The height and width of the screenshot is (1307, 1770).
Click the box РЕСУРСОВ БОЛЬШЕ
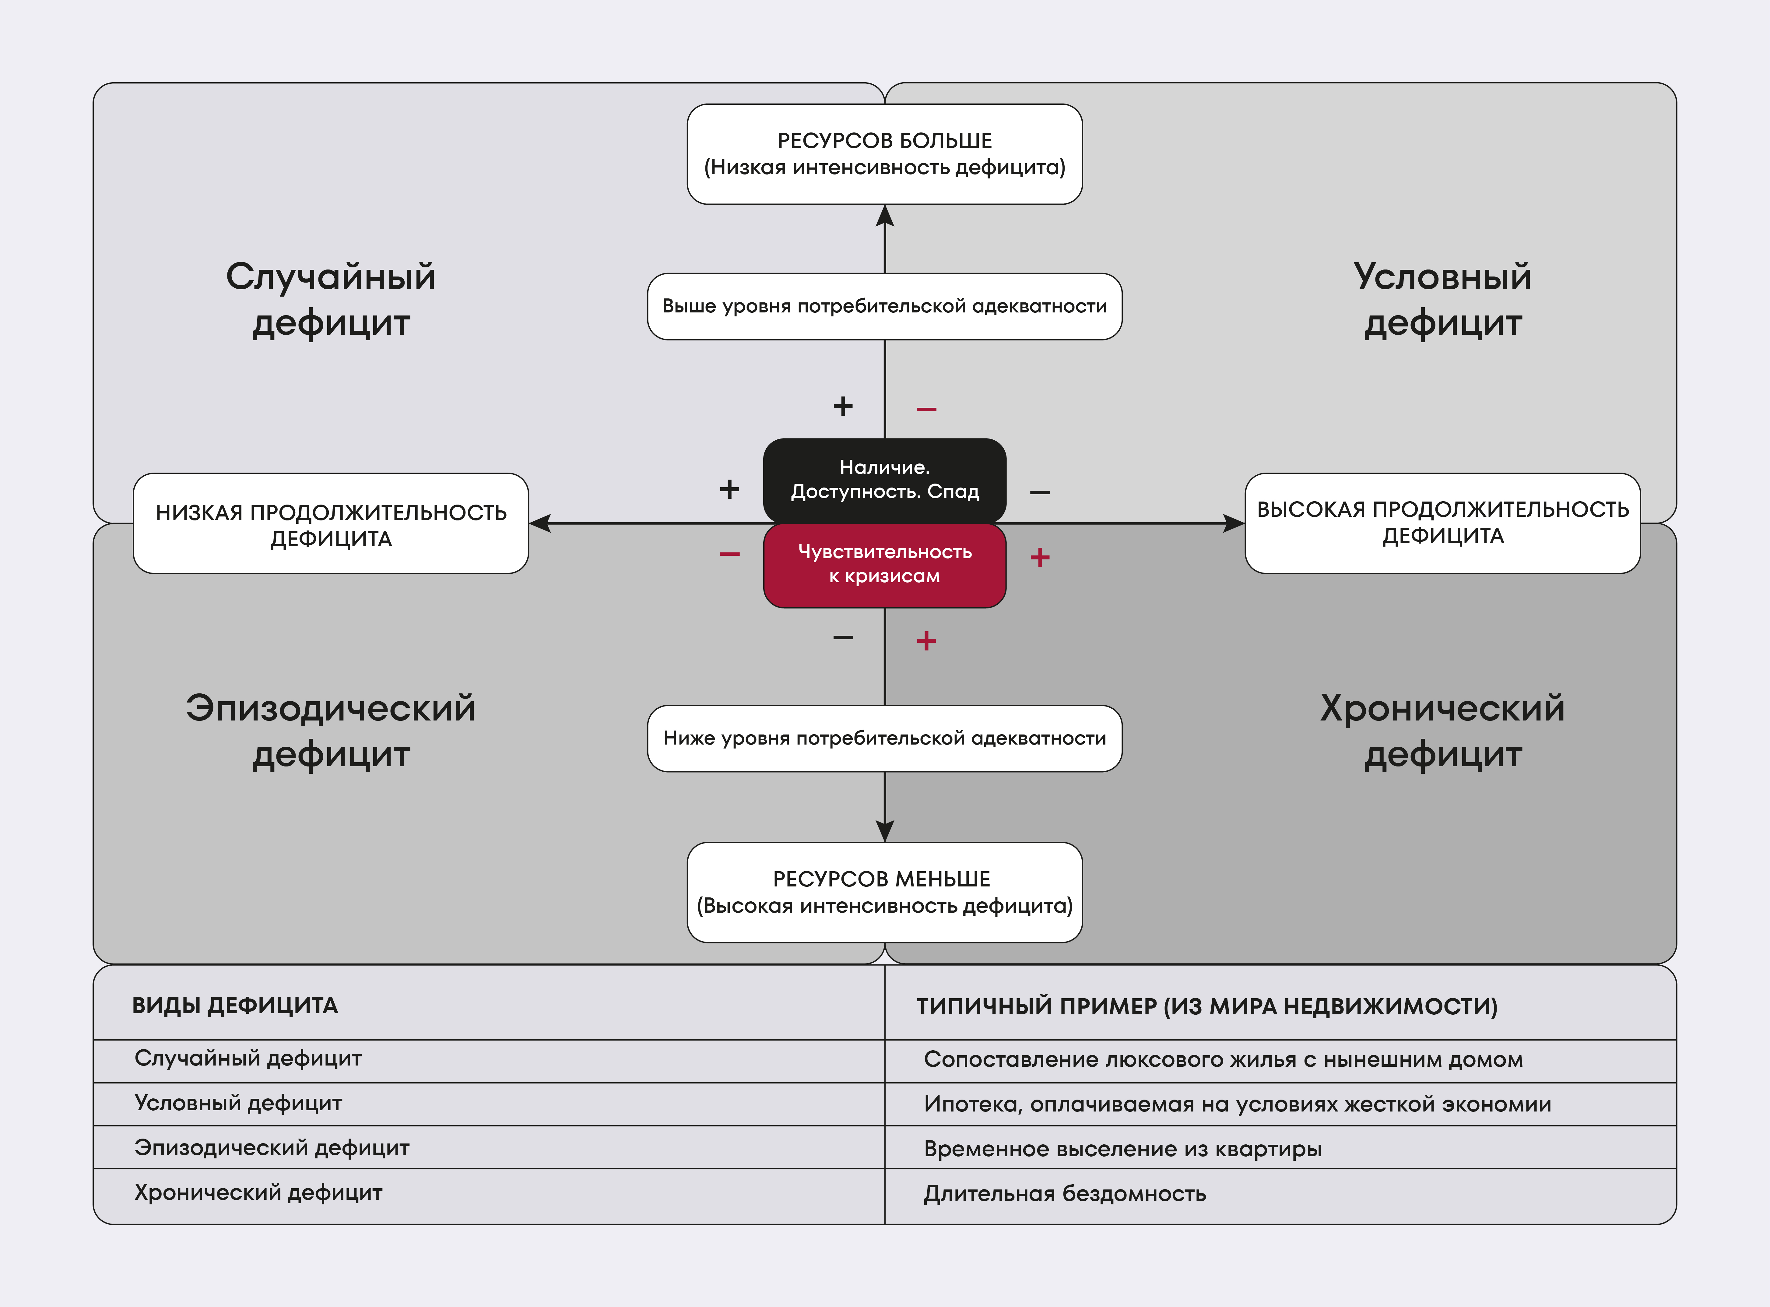pyautogui.click(x=884, y=154)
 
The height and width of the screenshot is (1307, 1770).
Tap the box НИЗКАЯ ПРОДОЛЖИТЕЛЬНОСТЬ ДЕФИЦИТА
pyautogui.click(x=331, y=524)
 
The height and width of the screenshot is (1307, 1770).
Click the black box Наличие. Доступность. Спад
pyautogui.click(x=884, y=479)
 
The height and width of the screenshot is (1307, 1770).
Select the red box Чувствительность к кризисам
pyautogui.click(x=884, y=564)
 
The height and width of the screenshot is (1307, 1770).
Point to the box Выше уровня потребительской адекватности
pyautogui.click(x=884, y=306)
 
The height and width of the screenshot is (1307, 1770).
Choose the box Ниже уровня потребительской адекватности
pyautogui.click(x=884, y=738)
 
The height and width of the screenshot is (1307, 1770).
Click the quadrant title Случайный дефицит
pyautogui.click(x=331, y=299)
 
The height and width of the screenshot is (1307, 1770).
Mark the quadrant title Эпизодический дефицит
pyautogui.click(x=331, y=730)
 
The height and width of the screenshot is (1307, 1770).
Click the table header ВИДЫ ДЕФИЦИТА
pyautogui.click(x=235, y=1006)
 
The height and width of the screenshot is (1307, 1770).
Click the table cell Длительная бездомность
pyautogui.click(x=1065, y=1193)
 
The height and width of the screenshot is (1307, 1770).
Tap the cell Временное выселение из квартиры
pyautogui.click(x=1122, y=1149)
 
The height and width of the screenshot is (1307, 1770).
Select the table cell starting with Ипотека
pyautogui.click(x=1237, y=1104)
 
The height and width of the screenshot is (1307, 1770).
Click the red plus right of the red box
pyautogui.click(x=1040, y=558)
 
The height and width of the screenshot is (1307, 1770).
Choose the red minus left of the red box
pyautogui.click(x=729, y=554)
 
